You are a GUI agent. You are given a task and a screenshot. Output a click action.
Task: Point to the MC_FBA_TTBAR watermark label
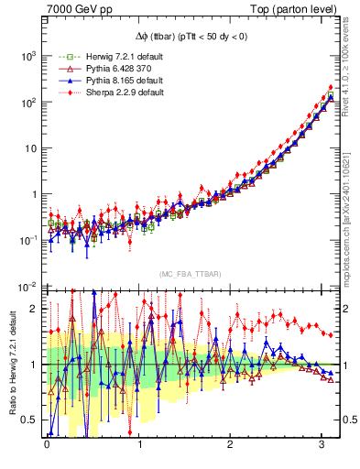(188, 274)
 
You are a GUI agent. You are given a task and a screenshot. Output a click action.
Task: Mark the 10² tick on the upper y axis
(28, 102)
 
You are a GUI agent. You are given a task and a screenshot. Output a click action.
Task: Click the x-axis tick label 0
(47, 450)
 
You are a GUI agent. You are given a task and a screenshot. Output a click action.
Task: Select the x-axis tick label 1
(139, 450)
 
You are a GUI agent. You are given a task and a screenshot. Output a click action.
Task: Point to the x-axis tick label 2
(231, 450)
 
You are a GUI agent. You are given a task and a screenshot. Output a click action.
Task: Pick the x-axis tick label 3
(322, 450)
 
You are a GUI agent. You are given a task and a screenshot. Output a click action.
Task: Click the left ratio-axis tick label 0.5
(31, 420)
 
